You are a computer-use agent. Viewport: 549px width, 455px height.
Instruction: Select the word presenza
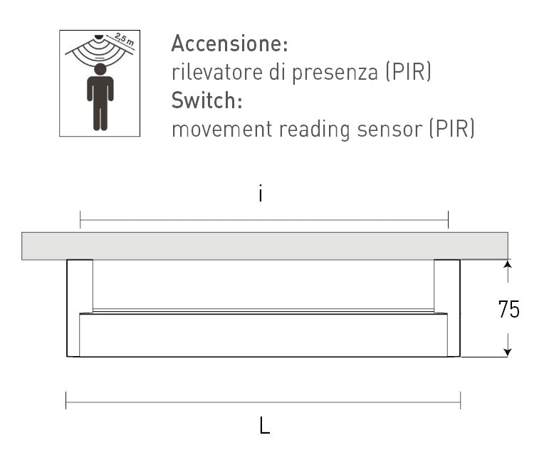click(335, 73)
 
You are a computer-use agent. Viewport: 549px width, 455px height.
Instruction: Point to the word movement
click(222, 129)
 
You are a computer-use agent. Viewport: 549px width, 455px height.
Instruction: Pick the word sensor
click(389, 130)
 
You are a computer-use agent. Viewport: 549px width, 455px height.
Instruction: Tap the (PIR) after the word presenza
click(408, 72)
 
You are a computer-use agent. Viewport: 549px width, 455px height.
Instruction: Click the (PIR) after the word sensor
click(452, 129)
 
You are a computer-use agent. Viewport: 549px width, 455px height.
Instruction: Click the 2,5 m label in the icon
click(124, 39)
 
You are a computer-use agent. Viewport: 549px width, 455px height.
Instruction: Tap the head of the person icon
click(100, 69)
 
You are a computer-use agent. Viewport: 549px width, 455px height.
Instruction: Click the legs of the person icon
click(100, 117)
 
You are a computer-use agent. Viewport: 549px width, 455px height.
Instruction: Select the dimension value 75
click(508, 310)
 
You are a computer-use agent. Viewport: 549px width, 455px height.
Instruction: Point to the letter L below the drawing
click(265, 425)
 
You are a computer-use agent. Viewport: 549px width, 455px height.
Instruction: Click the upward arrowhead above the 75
click(508, 263)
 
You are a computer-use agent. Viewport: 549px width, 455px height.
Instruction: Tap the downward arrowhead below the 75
click(508, 352)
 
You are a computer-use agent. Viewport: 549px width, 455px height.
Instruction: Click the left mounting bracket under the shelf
click(80, 308)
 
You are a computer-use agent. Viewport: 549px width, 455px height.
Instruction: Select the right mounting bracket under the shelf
click(447, 308)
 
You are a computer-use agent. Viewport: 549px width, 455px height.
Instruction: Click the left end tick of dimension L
click(66, 400)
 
